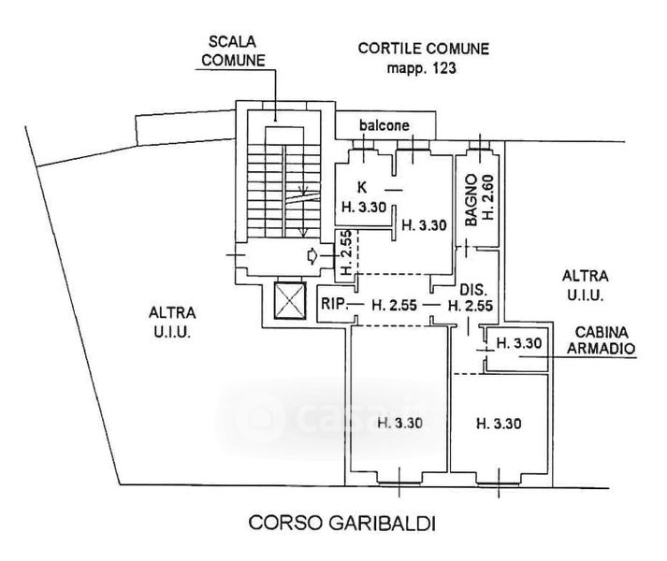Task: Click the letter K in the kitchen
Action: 361,186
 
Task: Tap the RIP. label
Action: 334,304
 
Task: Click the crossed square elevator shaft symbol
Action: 287,302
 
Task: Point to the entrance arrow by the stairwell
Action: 312,256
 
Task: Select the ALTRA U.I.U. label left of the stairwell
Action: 171,324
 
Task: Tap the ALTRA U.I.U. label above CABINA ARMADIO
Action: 585,284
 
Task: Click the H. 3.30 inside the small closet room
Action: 518,343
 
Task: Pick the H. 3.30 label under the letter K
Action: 356,207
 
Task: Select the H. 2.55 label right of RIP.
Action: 392,304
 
